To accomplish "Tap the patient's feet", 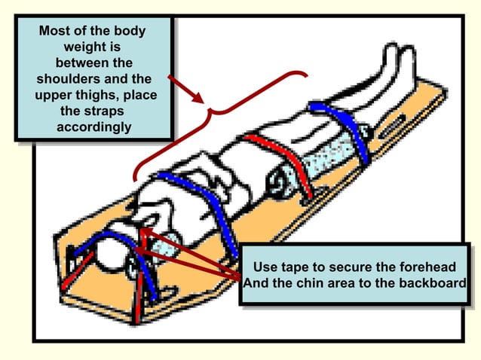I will tap(392, 64).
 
